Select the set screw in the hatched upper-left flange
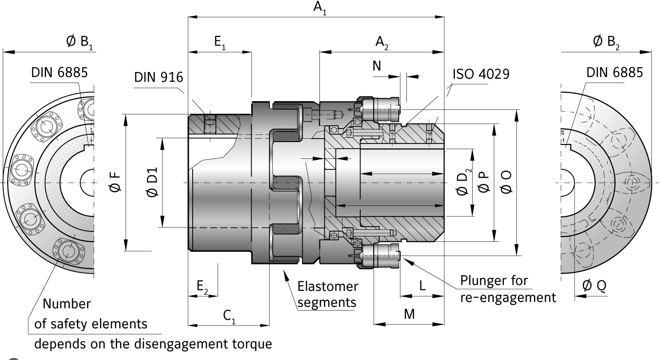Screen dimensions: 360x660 point(209,124)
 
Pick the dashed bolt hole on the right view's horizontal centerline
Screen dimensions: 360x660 point(632,182)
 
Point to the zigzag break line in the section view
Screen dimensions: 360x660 point(311,192)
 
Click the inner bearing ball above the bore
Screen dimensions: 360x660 point(332,130)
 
